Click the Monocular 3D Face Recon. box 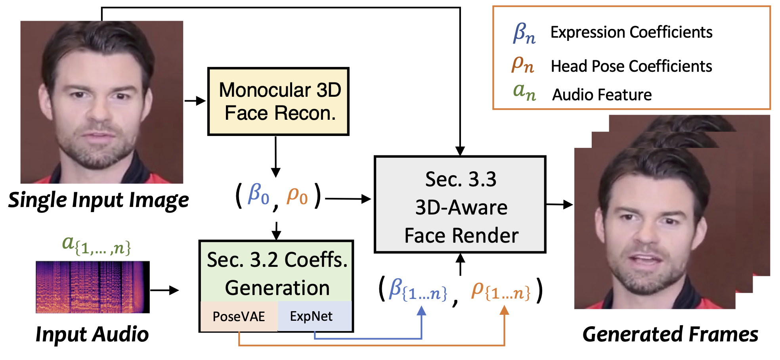pyautogui.click(x=278, y=101)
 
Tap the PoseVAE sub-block pyautogui.click(x=239, y=316)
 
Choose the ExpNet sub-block pyautogui.click(x=312, y=316)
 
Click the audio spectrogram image pyautogui.click(x=93, y=287)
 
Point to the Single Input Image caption pyautogui.click(x=98, y=200)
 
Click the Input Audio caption pyautogui.click(x=92, y=334)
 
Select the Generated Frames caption pyautogui.click(x=670, y=334)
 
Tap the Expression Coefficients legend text pyautogui.click(x=631, y=32)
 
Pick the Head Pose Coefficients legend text pyautogui.click(x=631, y=66)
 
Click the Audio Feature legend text pyautogui.click(x=602, y=95)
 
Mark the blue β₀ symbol pyautogui.click(x=258, y=195)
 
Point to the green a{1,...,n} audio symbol pyautogui.click(x=96, y=244)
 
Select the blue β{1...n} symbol pyautogui.click(x=418, y=290)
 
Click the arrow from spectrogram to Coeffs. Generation pyautogui.click(x=164, y=290)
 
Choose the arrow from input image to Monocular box pyautogui.click(x=195, y=101)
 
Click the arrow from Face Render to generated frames pyautogui.click(x=559, y=205)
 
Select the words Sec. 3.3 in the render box pyautogui.click(x=461, y=179)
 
